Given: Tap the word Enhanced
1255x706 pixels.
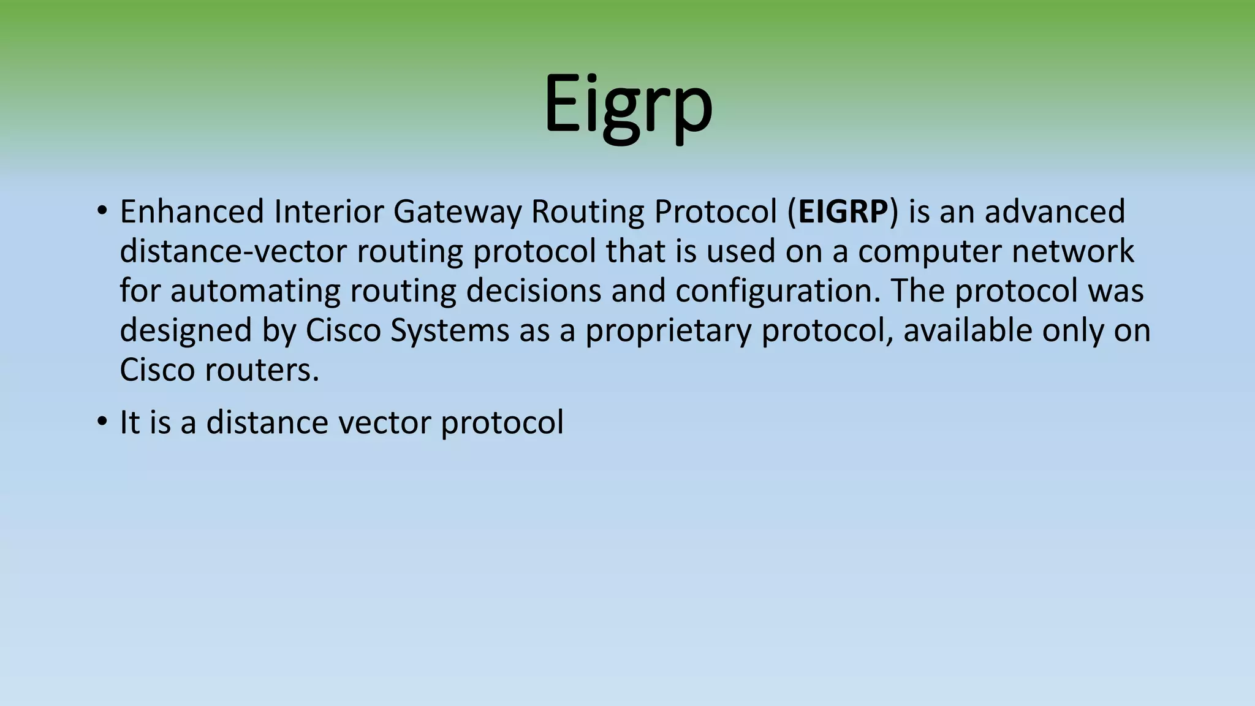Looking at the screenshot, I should [x=192, y=212].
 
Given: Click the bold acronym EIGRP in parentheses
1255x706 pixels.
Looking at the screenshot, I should [x=843, y=212].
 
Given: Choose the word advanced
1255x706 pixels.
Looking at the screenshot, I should [x=1055, y=212].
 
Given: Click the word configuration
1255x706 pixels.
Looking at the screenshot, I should [x=778, y=292].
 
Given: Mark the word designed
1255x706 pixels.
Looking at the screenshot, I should [x=186, y=332].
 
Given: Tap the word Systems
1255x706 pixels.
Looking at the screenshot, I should [x=450, y=332].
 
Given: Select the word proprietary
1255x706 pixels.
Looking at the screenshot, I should [x=668, y=332].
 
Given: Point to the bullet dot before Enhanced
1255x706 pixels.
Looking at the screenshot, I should [x=102, y=212].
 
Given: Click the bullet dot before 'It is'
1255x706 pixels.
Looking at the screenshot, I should [x=102, y=423].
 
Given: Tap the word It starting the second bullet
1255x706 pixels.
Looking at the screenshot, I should [x=129, y=423].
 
